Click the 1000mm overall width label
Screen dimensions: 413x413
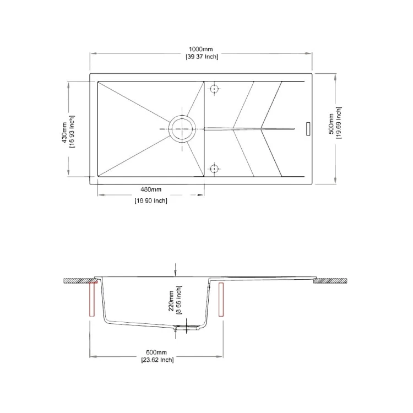200,49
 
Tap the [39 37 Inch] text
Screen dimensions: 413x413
202,57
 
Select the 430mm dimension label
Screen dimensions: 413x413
64,133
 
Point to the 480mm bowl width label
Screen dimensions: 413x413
151,189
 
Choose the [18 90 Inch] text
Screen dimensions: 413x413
151,200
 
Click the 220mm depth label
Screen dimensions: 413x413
171,301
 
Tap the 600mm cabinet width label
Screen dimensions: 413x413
156,352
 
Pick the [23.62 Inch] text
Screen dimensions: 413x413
157,360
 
